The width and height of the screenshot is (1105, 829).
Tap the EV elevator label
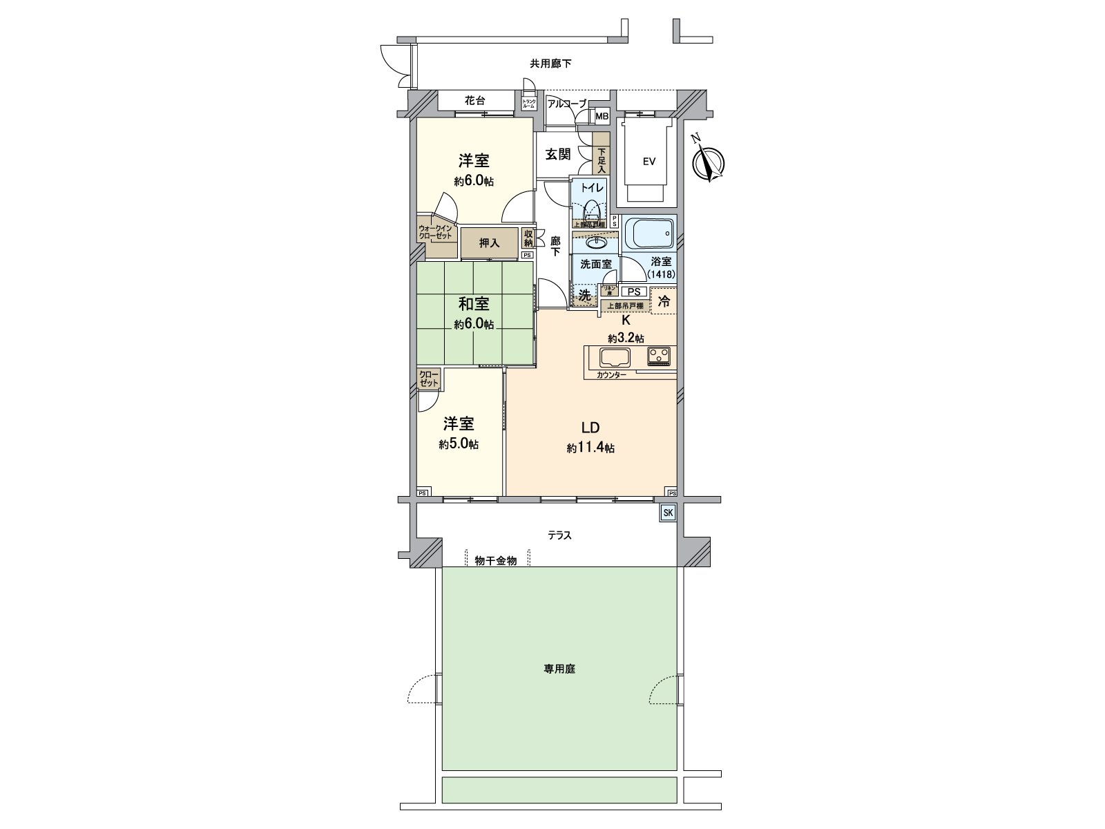648,162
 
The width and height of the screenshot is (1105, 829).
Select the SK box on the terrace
667,513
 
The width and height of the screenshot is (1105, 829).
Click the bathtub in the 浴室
648,234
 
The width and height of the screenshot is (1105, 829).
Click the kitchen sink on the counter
614,358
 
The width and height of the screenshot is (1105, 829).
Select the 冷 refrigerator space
664,302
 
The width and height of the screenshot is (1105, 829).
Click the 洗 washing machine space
584,295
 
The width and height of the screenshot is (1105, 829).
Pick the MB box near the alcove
602,116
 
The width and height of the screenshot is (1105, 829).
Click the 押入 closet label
489,243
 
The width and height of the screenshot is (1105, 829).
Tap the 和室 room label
474,303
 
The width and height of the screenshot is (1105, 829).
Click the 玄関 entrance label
559,155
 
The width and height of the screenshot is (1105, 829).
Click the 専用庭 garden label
559,669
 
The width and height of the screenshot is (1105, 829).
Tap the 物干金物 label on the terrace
496,561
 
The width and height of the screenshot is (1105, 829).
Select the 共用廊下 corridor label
550,64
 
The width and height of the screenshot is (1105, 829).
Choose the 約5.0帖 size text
458,445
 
